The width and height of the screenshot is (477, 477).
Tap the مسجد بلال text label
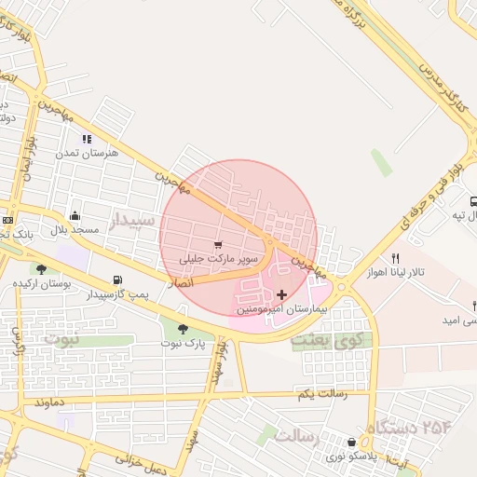point(75,228)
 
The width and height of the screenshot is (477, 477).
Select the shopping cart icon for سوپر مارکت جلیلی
point(218,220)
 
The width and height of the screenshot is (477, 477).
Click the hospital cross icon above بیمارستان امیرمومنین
point(282,294)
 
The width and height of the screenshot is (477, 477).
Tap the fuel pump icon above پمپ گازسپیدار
point(117,279)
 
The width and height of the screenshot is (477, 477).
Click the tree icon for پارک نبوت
point(182,328)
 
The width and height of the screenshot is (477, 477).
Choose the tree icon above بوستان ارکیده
point(40,269)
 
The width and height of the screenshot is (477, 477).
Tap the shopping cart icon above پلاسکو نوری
point(351,443)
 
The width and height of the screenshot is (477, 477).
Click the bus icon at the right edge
point(473,201)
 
